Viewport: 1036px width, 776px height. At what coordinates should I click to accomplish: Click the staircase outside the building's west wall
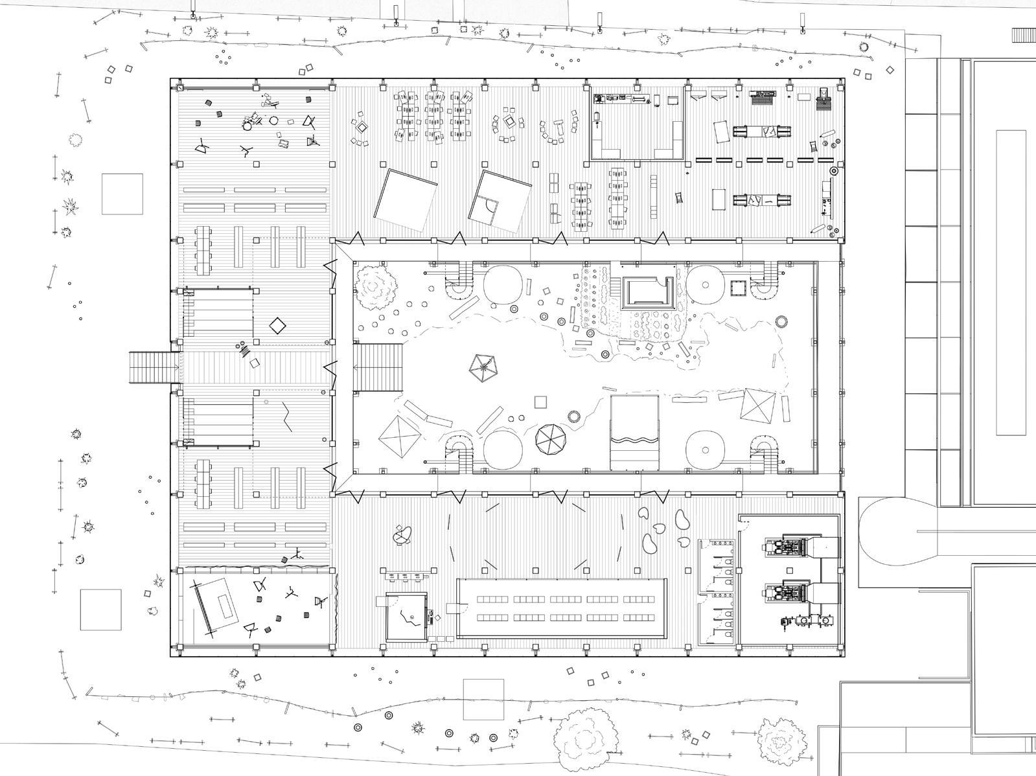tap(153, 368)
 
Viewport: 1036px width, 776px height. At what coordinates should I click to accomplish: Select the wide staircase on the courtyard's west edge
tap(378, 367)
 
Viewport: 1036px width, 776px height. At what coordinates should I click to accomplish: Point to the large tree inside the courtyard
tap(376, 285)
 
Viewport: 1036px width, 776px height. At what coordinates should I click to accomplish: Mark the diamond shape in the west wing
tap(277, 325)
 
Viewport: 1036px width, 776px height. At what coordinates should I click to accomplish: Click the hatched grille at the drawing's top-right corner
tap(1024, 34)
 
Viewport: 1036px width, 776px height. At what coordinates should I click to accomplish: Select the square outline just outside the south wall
tap(483, 699)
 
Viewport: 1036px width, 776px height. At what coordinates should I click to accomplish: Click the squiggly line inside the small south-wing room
tap(409, 617)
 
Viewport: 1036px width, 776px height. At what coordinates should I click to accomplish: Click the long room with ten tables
tap(562, 608)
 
